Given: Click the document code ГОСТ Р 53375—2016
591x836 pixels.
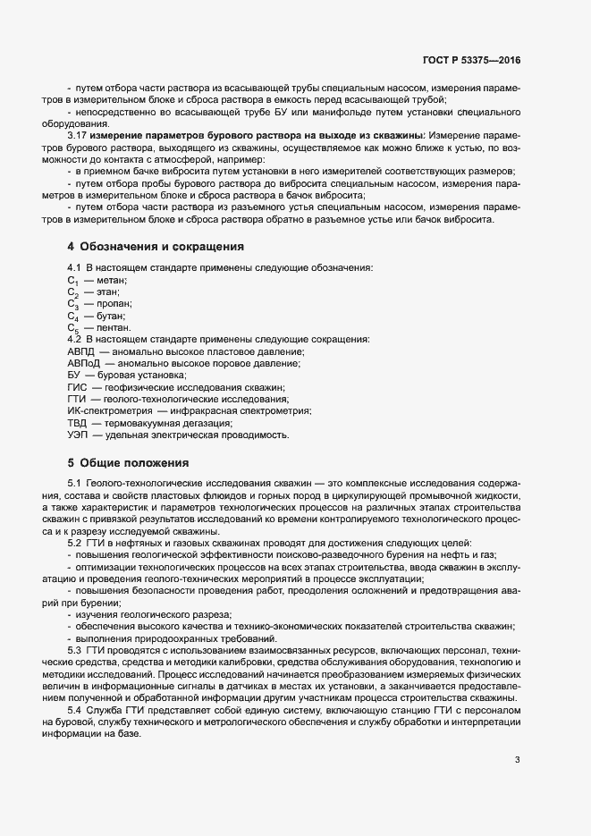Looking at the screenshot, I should click(x=471, y=60).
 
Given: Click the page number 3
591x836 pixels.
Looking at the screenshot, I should click(x=517, y=760).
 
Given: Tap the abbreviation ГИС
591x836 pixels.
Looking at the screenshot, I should click(x=78, y=387).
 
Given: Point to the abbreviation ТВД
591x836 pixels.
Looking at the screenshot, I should click(x=79, y=423).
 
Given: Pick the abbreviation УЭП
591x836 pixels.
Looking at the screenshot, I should click(x=79, y=435).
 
